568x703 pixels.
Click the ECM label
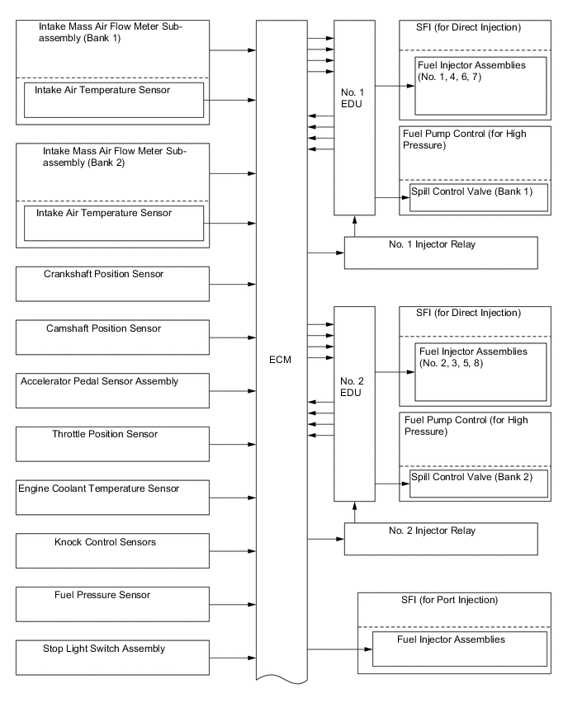pos(281,360)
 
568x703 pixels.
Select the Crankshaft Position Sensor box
pos(113,283)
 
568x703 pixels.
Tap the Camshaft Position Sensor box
pos(113,337)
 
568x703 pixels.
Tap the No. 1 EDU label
pos(353,99)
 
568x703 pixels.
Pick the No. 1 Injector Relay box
pos(441,252)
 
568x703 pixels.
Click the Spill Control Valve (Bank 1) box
pos(479,198)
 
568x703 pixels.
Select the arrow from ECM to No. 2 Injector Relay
pos(326,539)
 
